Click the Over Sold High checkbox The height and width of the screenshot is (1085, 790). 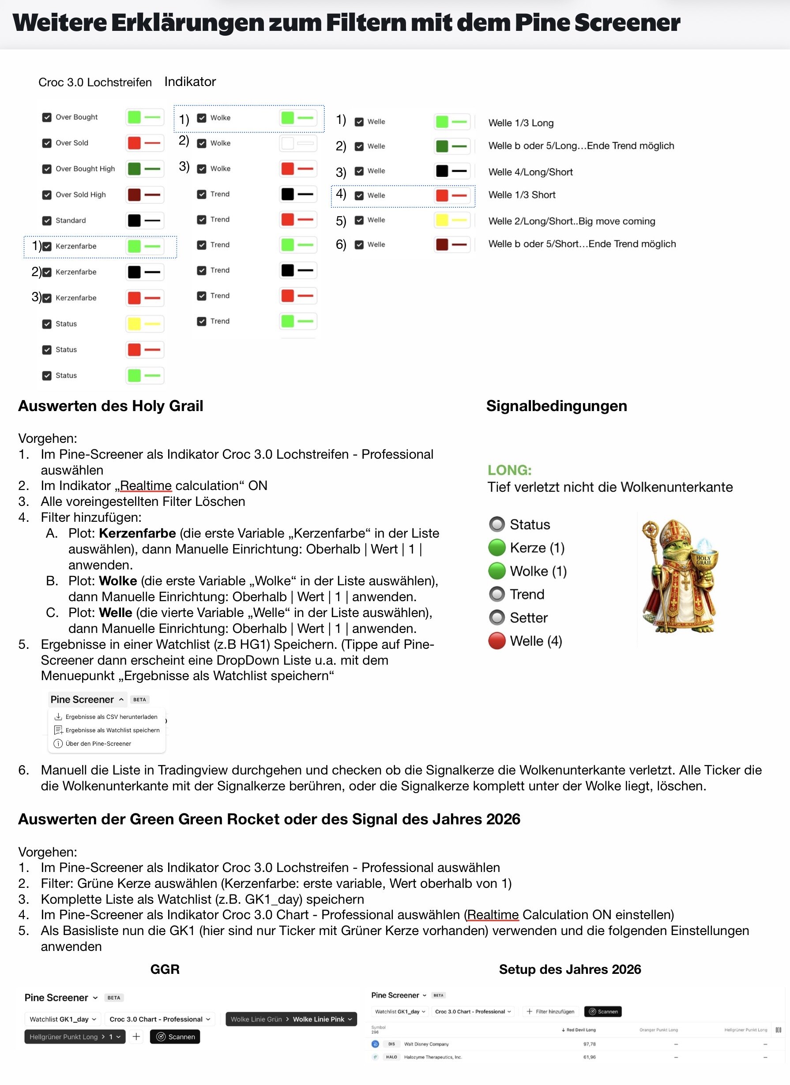(47, 195)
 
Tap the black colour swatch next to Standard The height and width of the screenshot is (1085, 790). (135, 221)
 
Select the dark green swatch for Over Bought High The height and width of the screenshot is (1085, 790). (135, 169)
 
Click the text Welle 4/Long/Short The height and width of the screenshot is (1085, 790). (530, 172)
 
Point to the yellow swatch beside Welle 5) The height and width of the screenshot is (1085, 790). (442, 220)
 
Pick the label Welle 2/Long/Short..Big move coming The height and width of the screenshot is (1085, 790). (572, 221)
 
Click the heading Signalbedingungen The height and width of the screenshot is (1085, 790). (557, 406)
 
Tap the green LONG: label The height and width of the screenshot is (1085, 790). (509, 470)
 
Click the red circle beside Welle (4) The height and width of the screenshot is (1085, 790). (497, 641)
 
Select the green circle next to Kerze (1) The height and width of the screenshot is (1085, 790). (497, 547)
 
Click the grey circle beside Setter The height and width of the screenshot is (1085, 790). (497, 617)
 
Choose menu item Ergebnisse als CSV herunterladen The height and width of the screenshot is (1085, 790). (111, 717)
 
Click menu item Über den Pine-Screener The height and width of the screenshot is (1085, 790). (98, 744)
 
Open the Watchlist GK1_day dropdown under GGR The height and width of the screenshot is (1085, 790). (63, 1019)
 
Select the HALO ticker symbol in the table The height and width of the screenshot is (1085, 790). (391, 1057)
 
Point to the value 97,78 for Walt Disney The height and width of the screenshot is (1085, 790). (589, 1044)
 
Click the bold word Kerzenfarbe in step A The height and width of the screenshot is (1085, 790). (137, 533)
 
